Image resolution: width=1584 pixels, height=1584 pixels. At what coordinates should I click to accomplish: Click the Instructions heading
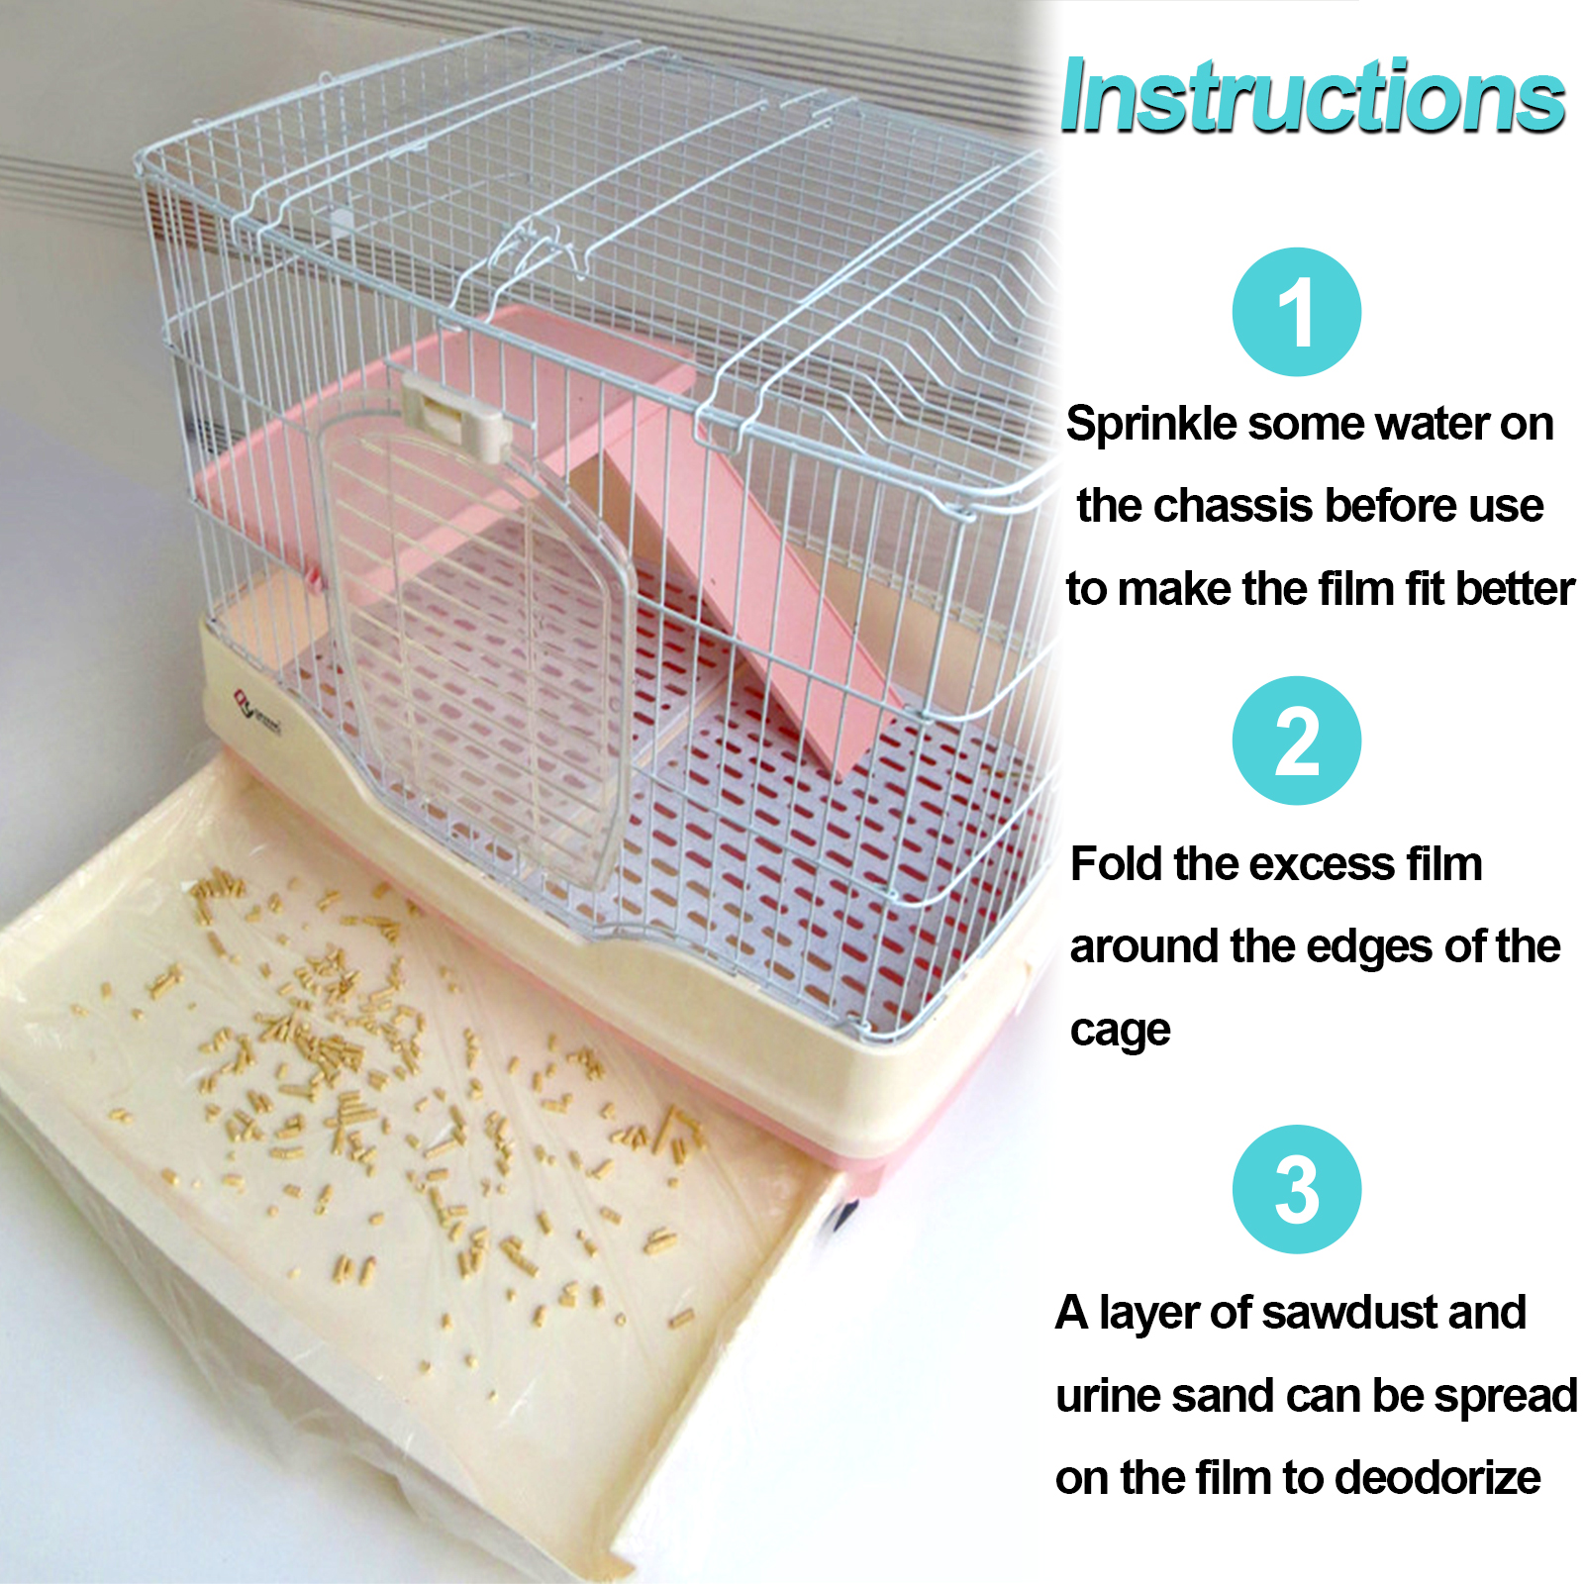pyautogui.click(x=1312, y=96)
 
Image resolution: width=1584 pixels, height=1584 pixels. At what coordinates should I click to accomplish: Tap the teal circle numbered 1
pyautogui.click(x=1296, y=312)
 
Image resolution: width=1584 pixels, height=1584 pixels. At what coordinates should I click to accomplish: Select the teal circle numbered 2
pyautogui.click(x=1296, y=741)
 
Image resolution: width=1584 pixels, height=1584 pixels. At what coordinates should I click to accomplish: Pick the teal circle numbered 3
pyautogui.click(x=1296, y=1189)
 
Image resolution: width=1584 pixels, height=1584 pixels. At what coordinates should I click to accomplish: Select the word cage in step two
pyautogui.click(x=1120, y=1032)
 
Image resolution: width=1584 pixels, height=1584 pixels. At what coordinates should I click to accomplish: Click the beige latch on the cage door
pyautogui.click(x=455, y=416)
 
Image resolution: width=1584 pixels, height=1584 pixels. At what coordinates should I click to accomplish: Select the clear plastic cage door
pyautogui.click(x=475, y=643)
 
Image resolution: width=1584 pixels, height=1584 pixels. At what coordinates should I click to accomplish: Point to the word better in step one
pyautogui.click(x=1516, y=589)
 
